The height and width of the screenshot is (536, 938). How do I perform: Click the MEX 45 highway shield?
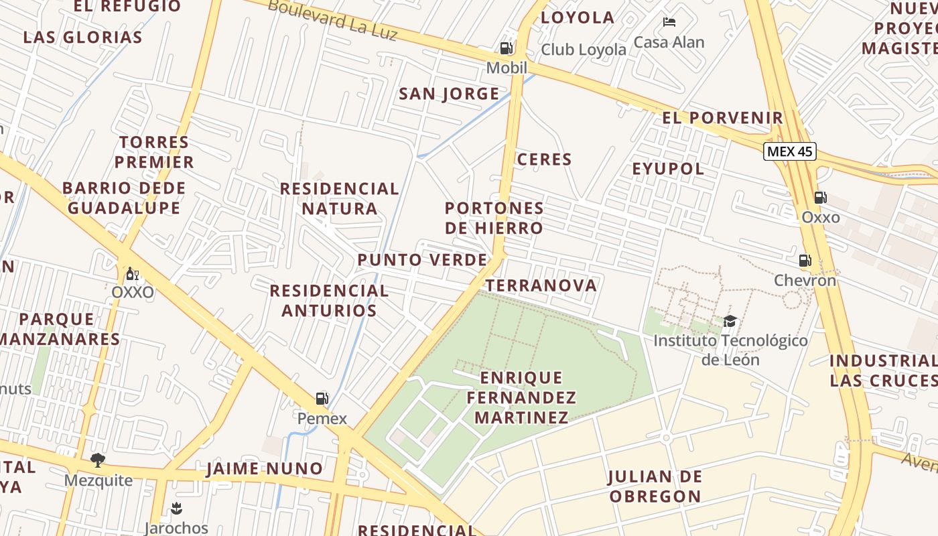790,151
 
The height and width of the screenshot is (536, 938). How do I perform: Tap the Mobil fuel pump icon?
507,48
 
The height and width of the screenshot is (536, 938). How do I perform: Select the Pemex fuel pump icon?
322,399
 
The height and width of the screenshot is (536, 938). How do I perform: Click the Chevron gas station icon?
805,261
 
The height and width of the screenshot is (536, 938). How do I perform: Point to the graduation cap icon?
730,321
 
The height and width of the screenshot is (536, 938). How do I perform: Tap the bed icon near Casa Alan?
669,22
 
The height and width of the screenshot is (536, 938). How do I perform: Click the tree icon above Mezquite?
98,460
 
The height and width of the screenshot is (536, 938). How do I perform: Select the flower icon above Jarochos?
176,508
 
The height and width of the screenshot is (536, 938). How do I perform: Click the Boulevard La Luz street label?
332,20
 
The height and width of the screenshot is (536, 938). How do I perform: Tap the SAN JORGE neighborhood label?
449,94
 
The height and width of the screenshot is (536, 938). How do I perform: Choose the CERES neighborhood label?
545,159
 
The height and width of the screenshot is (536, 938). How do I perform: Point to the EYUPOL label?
668,169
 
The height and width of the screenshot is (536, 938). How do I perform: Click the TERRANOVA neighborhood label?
541,286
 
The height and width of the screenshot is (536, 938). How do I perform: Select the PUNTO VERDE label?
422,260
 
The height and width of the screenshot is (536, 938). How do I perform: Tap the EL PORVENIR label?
722,119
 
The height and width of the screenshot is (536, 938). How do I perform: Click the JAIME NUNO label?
264,468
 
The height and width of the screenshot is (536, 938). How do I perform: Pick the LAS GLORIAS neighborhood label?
83,38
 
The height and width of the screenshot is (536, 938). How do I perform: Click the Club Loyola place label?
584,50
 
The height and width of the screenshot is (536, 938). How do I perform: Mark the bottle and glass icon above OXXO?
133,273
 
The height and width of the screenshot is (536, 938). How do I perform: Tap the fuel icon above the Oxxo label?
820,198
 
